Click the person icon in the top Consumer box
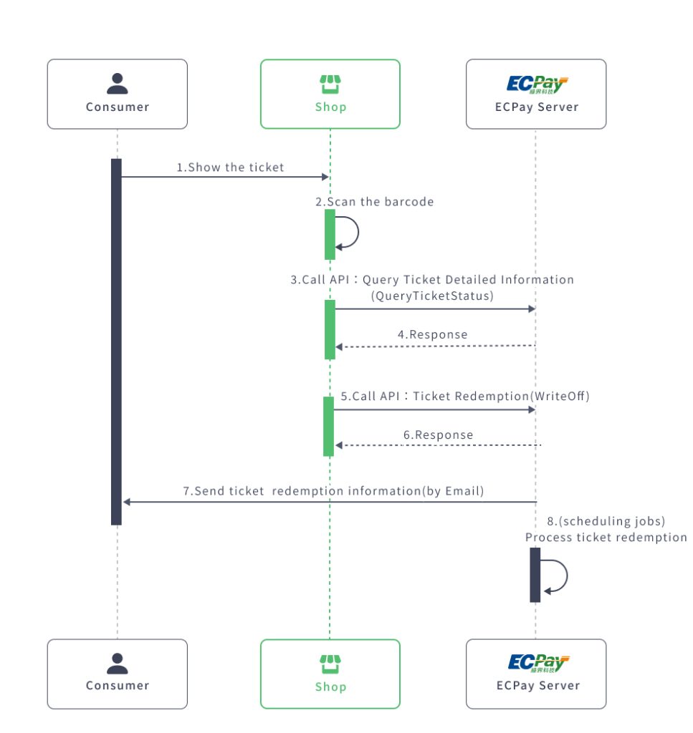click(117, 84)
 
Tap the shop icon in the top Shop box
click(330, 84)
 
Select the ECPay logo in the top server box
click(537, 84)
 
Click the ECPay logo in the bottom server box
click(537, 663)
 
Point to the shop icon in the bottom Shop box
click(330, 664)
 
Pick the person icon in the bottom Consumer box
click(117, 664)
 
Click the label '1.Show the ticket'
click(230, 168)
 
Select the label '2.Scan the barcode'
click(375, 202)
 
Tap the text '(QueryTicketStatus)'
click(432, 296)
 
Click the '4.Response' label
click(433, 334)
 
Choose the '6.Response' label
click(439, 435)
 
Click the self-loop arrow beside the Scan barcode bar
click(351, 232)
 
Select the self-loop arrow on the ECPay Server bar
click(558, 576)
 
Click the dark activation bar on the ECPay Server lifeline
click(535, 575)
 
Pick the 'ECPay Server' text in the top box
click(537, 107)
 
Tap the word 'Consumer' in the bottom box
click(118, 685)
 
